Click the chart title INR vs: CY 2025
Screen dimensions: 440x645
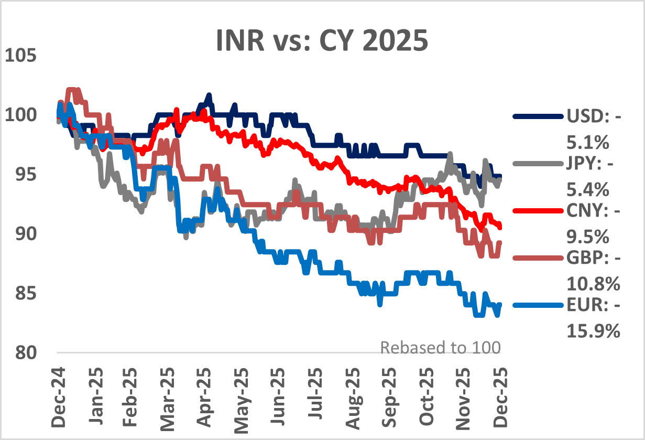(322, 41)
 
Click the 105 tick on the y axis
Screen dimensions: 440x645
(21, 55)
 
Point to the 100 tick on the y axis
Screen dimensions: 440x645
(21, 114)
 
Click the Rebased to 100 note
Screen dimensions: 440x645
(440, 348)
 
